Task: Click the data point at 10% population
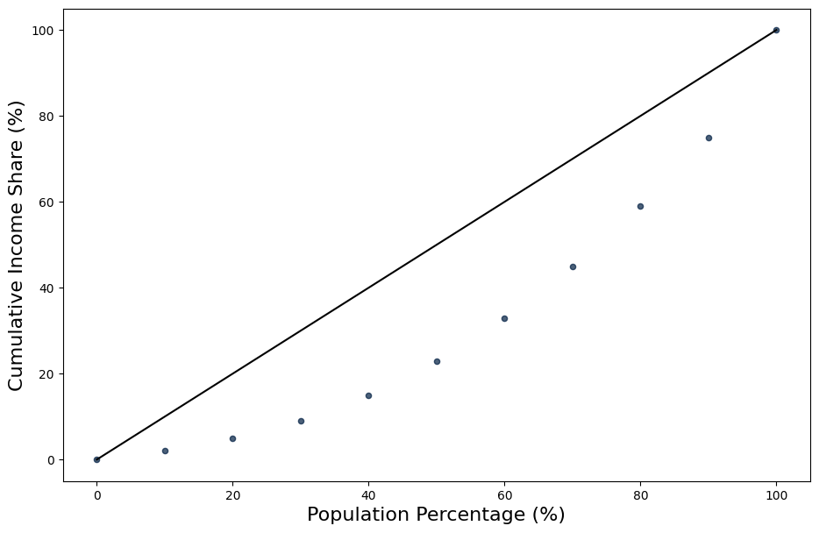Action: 165,451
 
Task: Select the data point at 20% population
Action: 232,438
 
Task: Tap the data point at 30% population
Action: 301,421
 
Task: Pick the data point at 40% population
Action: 368,395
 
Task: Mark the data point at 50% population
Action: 437,361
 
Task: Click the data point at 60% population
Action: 504,318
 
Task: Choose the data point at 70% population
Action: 573,266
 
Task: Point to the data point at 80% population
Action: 640,206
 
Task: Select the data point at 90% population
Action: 709,138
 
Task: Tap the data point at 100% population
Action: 776,30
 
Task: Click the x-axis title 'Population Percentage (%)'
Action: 436,515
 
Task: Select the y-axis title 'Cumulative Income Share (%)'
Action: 17,245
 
